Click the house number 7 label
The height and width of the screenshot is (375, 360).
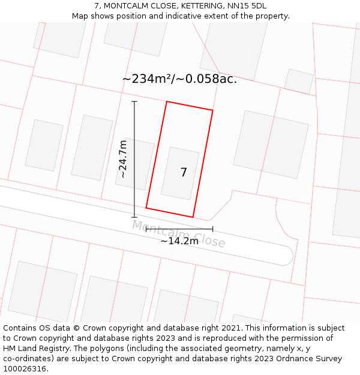pos(184,173)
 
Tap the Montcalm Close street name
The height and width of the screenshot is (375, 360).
pos(178,234)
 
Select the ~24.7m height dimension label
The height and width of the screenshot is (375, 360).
pos(122,159)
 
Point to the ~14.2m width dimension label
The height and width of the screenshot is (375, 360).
pos(179,241)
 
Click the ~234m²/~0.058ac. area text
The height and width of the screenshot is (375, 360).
pos(179,79)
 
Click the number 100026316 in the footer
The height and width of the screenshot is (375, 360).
pos(25,369)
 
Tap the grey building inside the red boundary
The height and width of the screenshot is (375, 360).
pos(180,173)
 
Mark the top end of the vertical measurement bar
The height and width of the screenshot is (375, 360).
pos(134,102)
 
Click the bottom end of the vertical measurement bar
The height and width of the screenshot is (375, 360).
pos(134,217)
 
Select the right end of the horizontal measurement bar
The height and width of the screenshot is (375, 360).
pos(212,229)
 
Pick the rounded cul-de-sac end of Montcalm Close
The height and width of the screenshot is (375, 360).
pos(287,255)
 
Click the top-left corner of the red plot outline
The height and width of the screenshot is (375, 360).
pos(167,102)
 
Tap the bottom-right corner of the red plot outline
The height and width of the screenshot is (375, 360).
pos(193,217)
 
